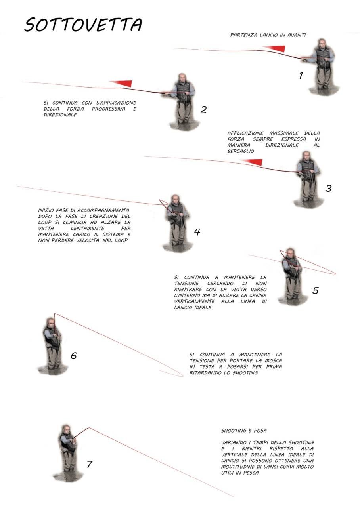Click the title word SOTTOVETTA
point(83,25)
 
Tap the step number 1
point(301,76)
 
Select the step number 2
point(203,110)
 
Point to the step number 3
point(329,188)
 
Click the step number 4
point(197,232)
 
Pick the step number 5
point(315,290)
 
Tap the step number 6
point(74,356)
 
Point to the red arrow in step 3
point(251,162)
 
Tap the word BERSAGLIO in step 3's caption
point(241,151)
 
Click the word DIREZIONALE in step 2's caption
point(60,115)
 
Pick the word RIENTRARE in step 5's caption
point(188,289)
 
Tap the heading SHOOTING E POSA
point(244,430)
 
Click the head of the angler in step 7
point(66,429)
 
